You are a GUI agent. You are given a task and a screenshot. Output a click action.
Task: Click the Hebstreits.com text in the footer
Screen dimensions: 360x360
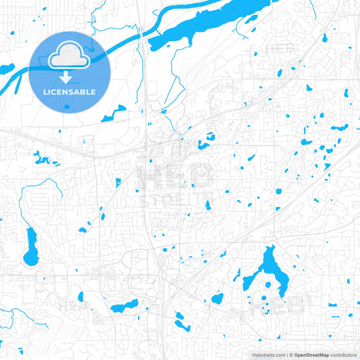(269, 354)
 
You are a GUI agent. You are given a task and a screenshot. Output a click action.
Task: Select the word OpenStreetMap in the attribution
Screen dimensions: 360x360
(311, 354)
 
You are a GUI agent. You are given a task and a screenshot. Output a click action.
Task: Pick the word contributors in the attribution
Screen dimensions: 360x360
(343, 354)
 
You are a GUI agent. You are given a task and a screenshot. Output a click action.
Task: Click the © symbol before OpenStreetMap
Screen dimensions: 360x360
(290, 354)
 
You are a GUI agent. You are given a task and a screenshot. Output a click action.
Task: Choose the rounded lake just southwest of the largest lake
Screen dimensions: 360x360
(217, 298)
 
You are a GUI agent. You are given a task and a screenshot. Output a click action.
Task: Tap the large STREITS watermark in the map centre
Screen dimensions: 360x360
(174, 201)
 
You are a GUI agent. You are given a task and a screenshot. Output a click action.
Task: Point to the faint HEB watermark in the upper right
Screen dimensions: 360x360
(280, 49)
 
